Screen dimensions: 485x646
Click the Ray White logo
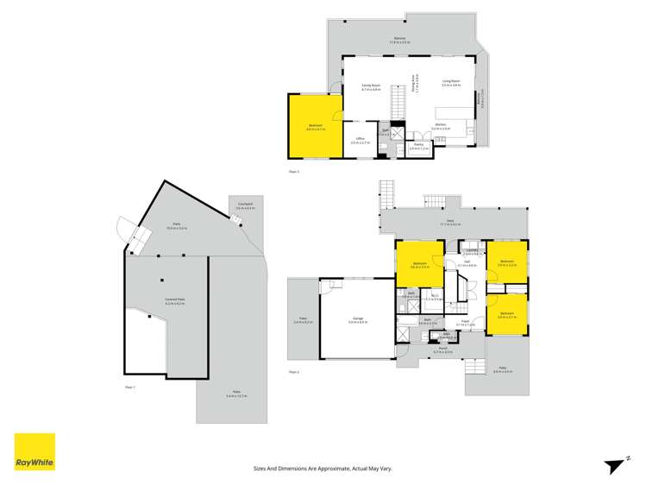click(34, 451)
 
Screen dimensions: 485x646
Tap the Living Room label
click(452, 84)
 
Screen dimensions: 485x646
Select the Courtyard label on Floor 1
click(245, 205)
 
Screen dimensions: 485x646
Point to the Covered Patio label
click(175, 300)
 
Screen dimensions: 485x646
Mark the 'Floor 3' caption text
click(294, 173)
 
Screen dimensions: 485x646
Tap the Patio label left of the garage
click(303, 320)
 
